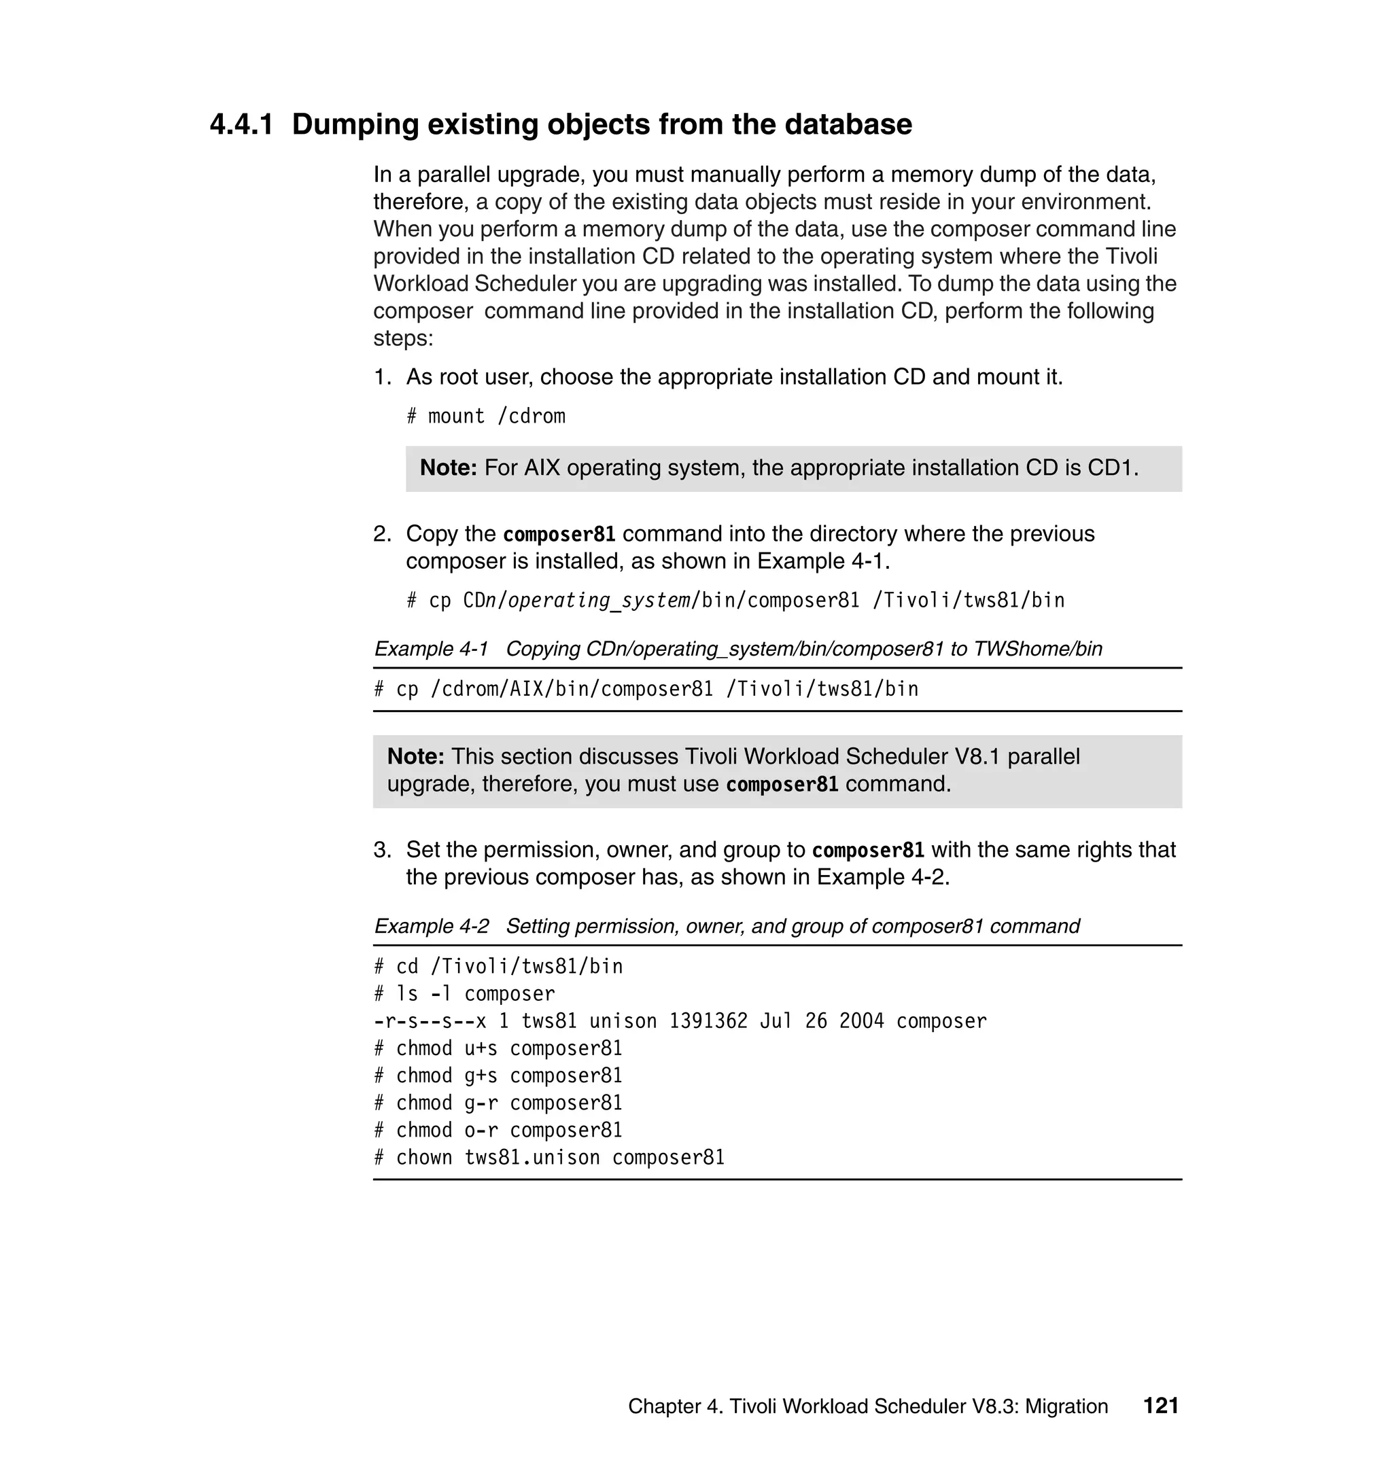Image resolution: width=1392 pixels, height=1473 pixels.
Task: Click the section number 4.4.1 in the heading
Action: (241, 124)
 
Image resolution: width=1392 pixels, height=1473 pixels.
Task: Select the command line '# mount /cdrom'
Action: (485, 416)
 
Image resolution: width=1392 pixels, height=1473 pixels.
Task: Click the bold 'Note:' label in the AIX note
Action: (448, 468)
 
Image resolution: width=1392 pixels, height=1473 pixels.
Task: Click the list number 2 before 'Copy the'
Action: (381, 534)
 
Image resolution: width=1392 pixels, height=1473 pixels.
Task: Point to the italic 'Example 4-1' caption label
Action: (431, 649)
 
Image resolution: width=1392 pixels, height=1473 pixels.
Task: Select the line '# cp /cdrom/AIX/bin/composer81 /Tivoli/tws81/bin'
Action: (646, 690)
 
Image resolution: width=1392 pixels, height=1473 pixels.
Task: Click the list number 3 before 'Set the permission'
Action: (381, 850)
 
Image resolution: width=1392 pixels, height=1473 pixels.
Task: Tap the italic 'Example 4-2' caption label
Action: (431, 926)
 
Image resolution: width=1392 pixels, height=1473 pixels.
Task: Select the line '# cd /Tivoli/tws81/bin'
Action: (498, 966)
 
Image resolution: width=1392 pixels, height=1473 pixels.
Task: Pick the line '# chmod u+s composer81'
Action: (498, 1049)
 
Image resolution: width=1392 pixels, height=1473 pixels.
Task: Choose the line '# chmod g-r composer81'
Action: (498, 1103)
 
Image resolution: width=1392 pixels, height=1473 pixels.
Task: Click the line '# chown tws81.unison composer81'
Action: (549, 1158)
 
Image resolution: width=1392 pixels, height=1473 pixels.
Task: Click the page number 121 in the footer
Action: (1160, 1406)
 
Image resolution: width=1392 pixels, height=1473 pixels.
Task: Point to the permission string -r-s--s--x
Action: (430, 1021)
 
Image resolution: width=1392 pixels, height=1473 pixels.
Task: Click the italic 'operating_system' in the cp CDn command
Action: (599, 600)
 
